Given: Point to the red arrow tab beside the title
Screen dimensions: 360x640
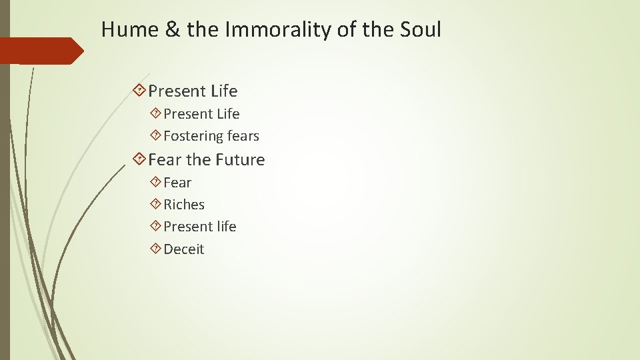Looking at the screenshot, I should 41,51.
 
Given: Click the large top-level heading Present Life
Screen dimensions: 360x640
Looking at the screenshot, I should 193,91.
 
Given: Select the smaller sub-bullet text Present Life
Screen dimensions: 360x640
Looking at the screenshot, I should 201,114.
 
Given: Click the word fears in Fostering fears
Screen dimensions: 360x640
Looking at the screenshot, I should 243,136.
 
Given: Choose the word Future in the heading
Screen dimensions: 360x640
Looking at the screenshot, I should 239,160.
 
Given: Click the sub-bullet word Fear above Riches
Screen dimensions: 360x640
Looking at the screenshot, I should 177,183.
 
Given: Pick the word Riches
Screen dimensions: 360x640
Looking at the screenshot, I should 184,205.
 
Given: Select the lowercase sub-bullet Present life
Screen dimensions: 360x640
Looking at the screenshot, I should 200,227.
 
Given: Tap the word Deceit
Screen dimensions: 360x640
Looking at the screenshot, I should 184,249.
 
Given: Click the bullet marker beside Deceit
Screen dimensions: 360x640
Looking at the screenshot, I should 156,249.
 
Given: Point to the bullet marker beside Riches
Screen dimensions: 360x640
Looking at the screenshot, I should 156,205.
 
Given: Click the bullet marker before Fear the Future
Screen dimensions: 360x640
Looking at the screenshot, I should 140,159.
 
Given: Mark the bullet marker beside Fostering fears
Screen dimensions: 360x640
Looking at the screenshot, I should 156,136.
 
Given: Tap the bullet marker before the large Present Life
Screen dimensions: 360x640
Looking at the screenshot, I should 140,90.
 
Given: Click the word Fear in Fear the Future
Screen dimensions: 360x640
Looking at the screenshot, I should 165,160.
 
